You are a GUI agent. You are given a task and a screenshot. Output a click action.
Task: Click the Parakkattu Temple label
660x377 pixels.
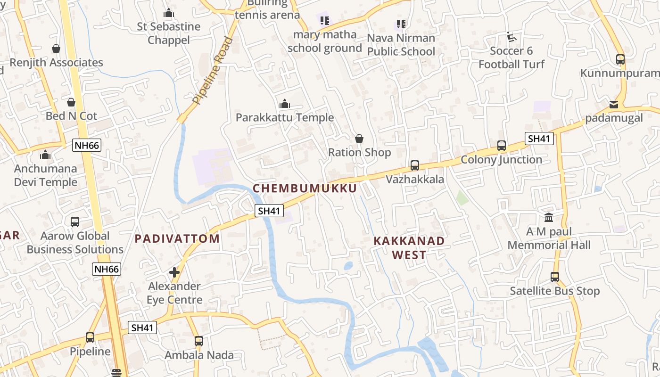pos(285,118)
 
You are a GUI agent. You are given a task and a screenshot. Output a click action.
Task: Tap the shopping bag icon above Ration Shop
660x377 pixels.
pos(359,139)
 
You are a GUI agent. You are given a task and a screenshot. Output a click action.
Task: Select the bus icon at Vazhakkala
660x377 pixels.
pos(415,165)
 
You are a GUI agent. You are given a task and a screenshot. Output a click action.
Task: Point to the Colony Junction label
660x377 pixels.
pos(501,160)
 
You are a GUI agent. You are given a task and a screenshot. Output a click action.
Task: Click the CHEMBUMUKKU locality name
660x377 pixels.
pos(305,188)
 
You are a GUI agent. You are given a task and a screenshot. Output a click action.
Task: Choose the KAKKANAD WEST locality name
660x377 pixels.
pos(409,248)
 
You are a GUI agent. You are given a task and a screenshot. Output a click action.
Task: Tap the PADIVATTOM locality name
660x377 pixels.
pos(177,239)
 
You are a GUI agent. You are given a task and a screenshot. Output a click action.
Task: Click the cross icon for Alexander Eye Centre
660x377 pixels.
pos(174,272)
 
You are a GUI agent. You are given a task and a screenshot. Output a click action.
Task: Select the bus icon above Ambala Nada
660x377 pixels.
pos(199,341)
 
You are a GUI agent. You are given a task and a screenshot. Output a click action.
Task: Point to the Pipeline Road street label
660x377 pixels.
pos(214,71)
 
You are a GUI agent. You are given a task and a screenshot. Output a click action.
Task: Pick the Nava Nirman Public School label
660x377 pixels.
pos(401,44)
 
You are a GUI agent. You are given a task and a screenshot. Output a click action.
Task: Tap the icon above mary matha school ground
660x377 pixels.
pos(324,21)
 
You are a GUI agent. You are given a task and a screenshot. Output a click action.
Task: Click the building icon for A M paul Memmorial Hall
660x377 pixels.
pos(549,218)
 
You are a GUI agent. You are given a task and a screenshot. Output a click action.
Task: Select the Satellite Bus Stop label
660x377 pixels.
pos(554,291)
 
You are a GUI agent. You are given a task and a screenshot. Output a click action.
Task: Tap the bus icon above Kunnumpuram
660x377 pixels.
pos(620,59)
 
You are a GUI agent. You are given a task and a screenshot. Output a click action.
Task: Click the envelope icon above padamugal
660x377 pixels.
pos(614,105)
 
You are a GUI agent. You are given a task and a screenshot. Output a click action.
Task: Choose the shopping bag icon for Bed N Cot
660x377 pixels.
pos(71,102)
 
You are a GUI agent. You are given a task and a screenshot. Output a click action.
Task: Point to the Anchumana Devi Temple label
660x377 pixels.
pos(45,175)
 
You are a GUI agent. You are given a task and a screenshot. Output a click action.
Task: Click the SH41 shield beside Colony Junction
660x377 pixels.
pos(539,139)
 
